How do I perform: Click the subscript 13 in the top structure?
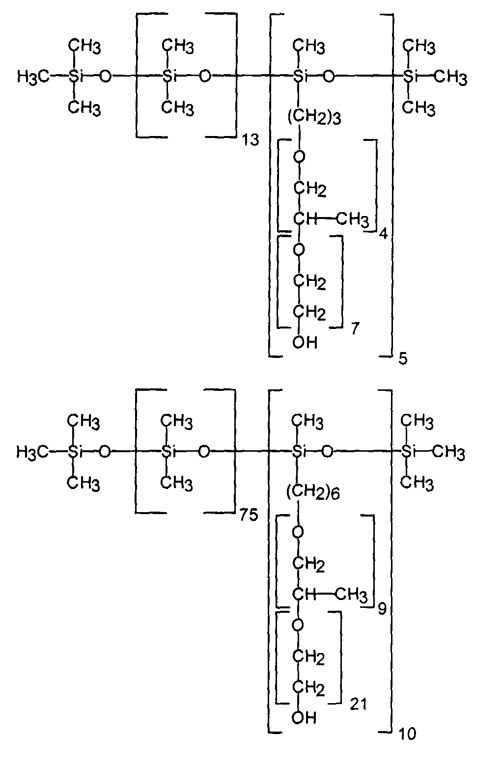251,140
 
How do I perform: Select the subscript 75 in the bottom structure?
249,515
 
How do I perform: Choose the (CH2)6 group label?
313,492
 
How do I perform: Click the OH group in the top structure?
305,342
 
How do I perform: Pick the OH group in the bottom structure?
304,718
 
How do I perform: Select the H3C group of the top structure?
33,78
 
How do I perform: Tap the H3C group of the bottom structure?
32,453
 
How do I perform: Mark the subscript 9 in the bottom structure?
382,608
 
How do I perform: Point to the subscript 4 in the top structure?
384,234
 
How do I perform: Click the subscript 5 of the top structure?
403,359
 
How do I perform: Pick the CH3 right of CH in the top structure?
352,219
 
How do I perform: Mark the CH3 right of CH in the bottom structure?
351,595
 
